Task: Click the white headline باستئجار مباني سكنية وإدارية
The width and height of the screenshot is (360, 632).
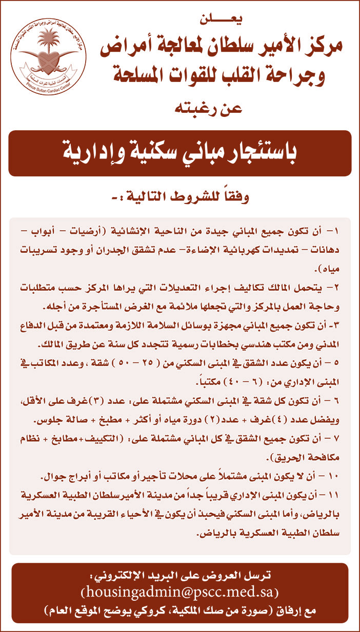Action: (179, 153)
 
